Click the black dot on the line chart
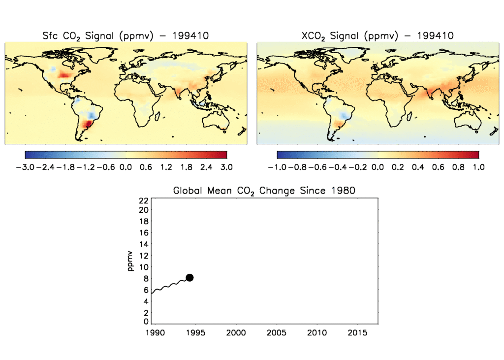189,278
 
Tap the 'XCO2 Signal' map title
377,36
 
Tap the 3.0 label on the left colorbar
226,167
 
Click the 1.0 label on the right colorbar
478,167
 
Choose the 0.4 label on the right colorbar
418,167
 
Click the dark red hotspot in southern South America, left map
88,124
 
